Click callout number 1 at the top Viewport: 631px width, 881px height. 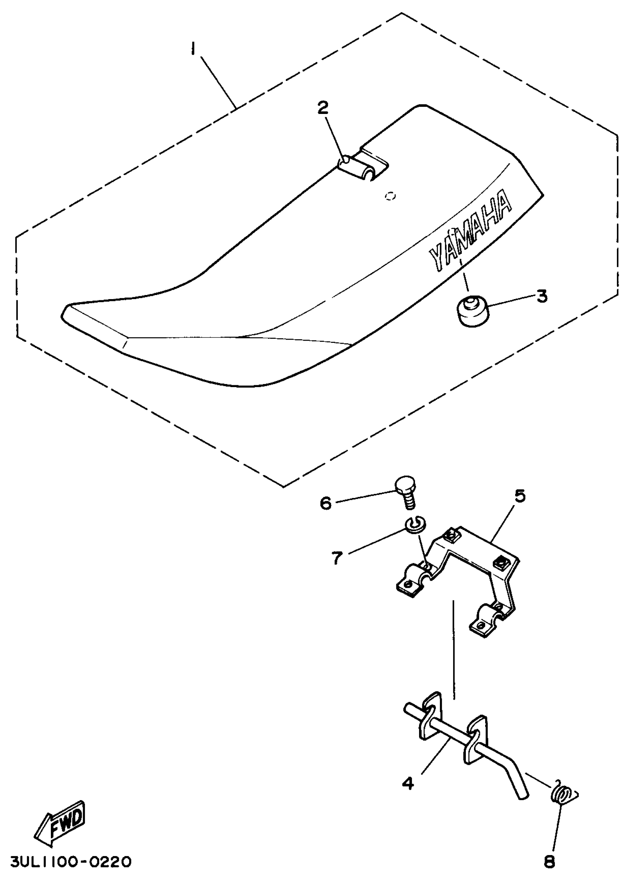pyautogui.click(x=193, y=50)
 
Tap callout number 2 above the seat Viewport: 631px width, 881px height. pyautogui.click(x=323, y=108)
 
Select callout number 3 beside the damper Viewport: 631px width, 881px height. pyautogui.click(x=542, y=297)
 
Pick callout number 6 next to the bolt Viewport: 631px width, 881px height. pyautogui.click(x=325, y=504)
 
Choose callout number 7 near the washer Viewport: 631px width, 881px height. pyautogui.click(x=337, y=558)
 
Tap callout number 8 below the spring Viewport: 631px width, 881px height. pyautogui.click(x=549, y=862)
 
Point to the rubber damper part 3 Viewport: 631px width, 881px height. pyautogui.click(x=472, y=311)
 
